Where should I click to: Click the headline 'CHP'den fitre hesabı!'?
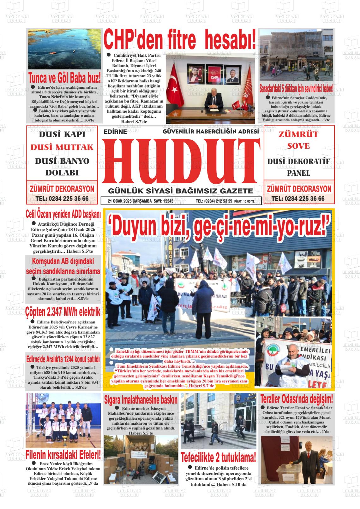(x=180, y=39)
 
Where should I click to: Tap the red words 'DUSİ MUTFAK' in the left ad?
(x=62, y=147)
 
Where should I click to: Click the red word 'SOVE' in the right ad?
(x=298, y=146)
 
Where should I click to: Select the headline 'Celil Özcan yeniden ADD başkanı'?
(x=63, y=214)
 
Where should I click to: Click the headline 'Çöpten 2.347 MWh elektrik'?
(x=63, y=312)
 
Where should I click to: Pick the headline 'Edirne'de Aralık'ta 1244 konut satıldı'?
(x=63, y=359)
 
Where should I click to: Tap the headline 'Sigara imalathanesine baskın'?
(x=141, y=400)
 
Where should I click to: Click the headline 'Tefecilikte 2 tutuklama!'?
(x=218, y=457)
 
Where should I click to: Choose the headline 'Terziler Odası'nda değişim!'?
(x=297, y=399)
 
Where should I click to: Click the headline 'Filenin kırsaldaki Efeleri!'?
(x=63, y=455)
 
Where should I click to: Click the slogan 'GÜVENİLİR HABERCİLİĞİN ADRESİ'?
(x=211, y=131)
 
